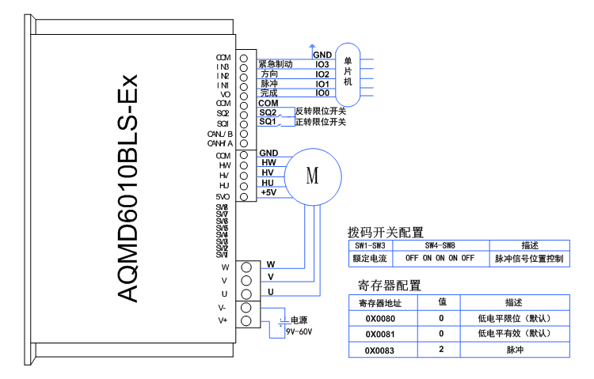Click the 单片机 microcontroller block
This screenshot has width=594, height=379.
click(x=348, y=72)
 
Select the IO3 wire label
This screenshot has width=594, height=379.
click(x=322, y=64)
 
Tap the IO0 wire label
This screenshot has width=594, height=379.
click(x=322, y=93)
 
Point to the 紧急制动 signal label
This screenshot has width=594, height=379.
click(x=276, y=64)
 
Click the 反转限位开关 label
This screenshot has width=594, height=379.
click(x=321, y=112)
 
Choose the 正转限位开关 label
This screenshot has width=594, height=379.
click(x=321, y=123)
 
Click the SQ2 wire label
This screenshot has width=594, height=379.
click(x=267, y=113)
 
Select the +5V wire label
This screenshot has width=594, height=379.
click(x=268, y=192)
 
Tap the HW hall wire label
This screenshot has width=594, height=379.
click(x=268, y=162)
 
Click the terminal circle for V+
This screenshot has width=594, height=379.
click(x=246, y=320)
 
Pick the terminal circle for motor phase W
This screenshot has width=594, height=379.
click(x=246, y=267)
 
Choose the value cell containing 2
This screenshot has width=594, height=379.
click(x=442, y=350)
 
